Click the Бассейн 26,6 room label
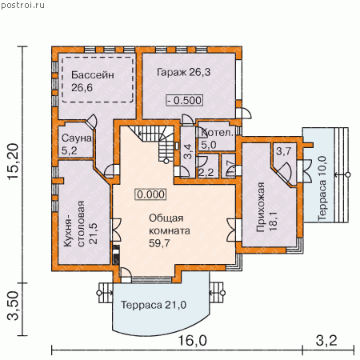(x=93, y=82)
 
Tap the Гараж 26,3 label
(x=183, y=72)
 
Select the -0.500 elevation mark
(x=185, y=100)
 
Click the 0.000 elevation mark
(x=151, y=194)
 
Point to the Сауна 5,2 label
(x=77, y=144)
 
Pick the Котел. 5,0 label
(x=217, y=138)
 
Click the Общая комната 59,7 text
(x=170, y=230)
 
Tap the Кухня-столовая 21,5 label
(x=81, y=223)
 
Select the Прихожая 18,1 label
(x=266, y=207)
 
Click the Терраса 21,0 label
(x=154, y=305)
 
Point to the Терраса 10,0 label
(x=322, y=188)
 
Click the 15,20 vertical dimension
(x=14, y=162)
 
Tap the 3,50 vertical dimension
(x=14, y=306)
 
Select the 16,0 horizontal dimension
(x=192, y=341)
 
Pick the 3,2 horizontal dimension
(x=326, y=341)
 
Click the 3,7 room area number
(x=283, y=151)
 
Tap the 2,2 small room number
(x=206, y=173)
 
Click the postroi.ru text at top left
(x=22, y=5)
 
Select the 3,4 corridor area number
(x=188, y=151)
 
